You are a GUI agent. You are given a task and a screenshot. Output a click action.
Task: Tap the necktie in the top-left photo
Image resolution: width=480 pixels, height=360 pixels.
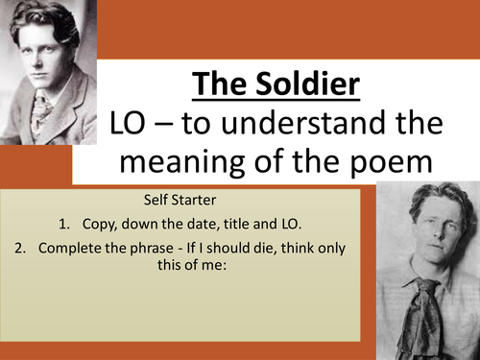pyautogui.click(x=42, y=110)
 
